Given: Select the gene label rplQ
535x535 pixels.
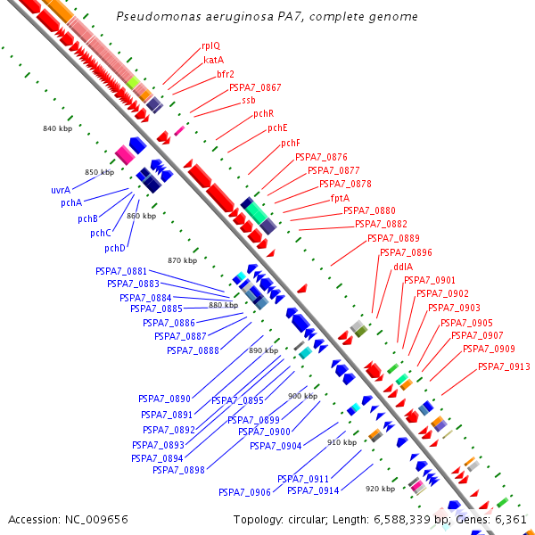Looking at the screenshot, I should (210, 45).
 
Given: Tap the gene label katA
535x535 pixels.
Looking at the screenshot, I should (214, 60).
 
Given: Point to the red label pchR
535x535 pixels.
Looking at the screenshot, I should (263, 113).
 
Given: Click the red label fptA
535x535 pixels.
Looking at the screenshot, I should (340, 197).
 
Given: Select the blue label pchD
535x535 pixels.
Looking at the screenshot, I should (115, 248).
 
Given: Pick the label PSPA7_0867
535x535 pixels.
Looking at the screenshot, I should (255, 87).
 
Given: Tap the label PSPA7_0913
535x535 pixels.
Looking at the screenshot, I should (504, 366).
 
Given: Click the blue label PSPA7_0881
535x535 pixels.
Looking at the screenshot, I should (121, 270).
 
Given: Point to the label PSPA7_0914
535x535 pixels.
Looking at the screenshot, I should (313, 490).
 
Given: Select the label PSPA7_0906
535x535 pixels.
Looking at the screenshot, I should (244, 491).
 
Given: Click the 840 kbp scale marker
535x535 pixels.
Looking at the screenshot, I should (57, 128).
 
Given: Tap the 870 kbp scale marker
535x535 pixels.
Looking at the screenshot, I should (182, 260).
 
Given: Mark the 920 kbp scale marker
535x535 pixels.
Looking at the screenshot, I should (380, 489).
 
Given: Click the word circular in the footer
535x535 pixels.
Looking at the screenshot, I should (312, 519).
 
